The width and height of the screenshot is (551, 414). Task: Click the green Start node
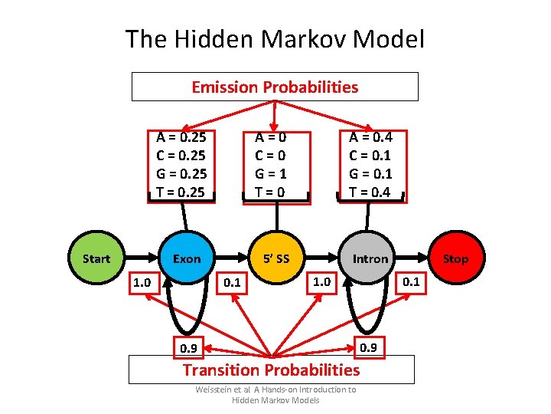(96, 258)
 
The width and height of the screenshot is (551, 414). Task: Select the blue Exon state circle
(187, 258)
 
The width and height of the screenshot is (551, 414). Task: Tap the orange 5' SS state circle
(276, 258)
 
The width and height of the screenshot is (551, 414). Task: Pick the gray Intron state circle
(370, 258)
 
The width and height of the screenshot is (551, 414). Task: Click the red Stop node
(455, 258)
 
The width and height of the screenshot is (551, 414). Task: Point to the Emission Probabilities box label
(275, 87)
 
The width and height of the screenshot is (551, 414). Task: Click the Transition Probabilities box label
(271, 370)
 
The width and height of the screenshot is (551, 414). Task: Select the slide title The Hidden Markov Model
(275, 38)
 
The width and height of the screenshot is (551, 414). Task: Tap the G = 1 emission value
(276, 174)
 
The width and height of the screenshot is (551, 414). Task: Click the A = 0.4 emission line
(370, 138)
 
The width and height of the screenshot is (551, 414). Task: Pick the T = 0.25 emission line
(181, 192)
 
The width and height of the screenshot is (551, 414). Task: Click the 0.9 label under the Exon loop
(187, 349)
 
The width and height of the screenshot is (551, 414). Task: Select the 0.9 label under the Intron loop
(368, 347)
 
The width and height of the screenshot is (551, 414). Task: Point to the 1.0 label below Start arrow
(142, 283)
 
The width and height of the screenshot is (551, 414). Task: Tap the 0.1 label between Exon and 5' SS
(231, 284)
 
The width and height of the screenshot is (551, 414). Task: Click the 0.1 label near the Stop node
(411, 281)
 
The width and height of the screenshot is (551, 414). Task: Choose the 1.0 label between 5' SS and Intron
(321, 282)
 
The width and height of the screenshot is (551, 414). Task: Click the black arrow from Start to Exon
(142, 258)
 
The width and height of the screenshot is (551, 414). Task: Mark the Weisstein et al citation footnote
(275, 395)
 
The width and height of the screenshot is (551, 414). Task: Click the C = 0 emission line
(276, 156)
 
